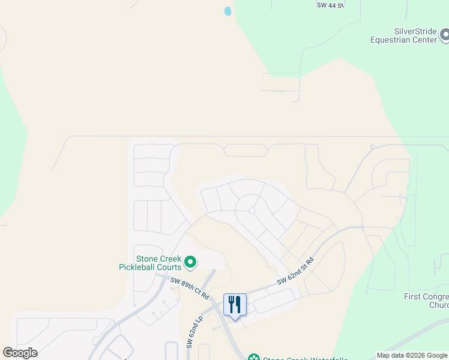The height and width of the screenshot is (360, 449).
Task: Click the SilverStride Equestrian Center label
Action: pyautogui.click(x=411, y=35)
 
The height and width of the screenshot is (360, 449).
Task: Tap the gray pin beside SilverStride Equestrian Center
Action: pyautogui.click(x=445, y=35)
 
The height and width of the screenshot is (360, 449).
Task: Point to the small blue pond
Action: pyautogui.click(x=228, y=11)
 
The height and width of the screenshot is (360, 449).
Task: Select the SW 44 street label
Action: pyautogui.click(x=330, y=5)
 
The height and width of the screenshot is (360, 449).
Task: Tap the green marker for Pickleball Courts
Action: pyautogui.click(x=190, y=262)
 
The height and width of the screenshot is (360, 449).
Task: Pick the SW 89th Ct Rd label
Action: pyautogui.click(x=189, y=289)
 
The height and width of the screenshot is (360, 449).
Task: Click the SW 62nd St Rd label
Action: pyautogui.click(x=295, y=272)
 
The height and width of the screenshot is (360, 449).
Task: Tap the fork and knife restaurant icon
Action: pyautogui.click(x=235, y=304)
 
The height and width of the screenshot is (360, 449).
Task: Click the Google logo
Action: pyautogui.click(x=20, y=353)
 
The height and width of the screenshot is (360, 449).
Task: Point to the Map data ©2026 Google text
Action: pyautogui.click(x=412, y=355)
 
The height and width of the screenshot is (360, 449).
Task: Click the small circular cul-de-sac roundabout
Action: pyautogui.click(x=252, y=211)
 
